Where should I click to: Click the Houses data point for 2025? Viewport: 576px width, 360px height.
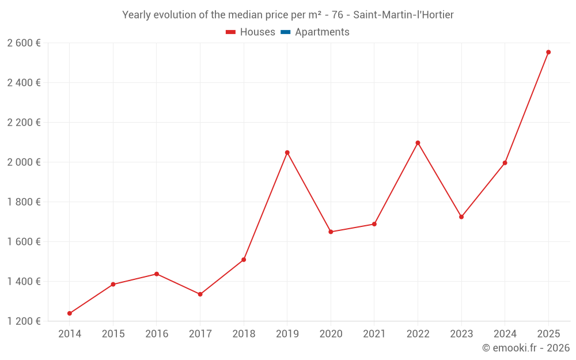pos(548,52)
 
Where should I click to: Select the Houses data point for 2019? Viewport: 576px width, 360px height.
pos(287,153)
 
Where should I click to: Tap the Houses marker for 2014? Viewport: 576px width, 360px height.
pos(70,313)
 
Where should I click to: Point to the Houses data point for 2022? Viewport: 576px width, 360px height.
pos(418,143)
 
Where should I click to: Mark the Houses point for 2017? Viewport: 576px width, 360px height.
pos(200,294)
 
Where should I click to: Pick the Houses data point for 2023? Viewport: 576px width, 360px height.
pos(461,217)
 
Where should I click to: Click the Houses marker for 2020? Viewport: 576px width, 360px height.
pos(331,232)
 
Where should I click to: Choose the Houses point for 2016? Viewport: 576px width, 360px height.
pos(157,274)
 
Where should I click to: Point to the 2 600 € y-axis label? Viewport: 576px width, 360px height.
pos(24,43)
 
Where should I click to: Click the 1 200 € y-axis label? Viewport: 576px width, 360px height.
pos(24,321)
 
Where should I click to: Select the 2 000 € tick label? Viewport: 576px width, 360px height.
pos(24,162)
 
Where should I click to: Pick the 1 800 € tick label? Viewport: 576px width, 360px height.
pos(24,202)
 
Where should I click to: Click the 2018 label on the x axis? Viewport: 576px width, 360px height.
pos(244,334)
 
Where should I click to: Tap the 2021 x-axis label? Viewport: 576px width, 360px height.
pos(374,334)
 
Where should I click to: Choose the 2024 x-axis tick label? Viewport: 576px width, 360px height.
pos(505,334)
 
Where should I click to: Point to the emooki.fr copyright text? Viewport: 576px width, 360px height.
pos(525,348)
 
